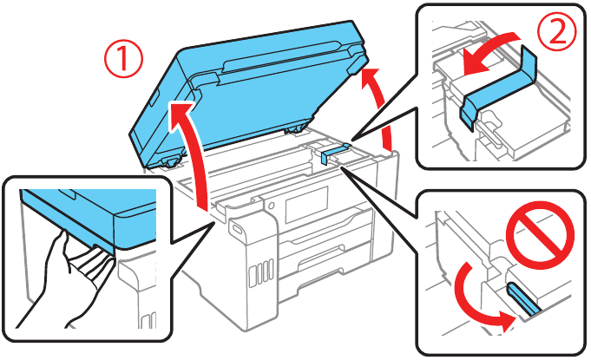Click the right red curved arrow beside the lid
coord(382,108)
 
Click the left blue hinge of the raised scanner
coord(169,160)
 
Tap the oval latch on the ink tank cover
coord(238,229)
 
